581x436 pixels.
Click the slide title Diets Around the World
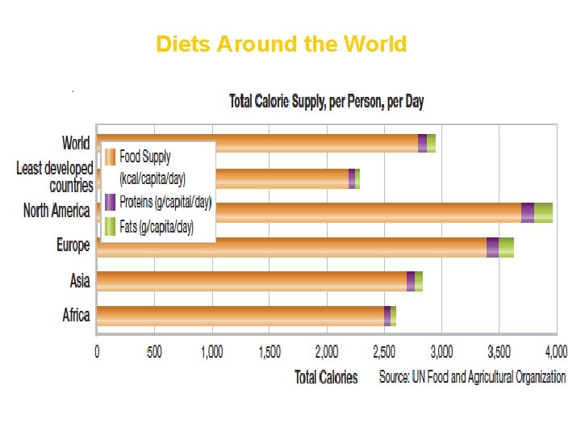[282, 44]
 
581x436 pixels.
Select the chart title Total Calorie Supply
[326, 102]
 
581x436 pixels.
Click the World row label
[76, 143]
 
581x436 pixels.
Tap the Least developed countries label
[55, 177]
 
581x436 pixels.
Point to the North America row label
[56, 211]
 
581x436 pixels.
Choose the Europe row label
[73, 245]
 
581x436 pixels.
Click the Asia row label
[80, 280]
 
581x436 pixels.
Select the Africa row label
[76, 314]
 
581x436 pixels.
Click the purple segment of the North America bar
[528, 212]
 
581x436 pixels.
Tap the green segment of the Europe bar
[506, 247]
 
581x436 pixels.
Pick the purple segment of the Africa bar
[387, 316]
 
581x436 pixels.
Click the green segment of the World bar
[431, 143]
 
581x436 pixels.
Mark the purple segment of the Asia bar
[411, 281]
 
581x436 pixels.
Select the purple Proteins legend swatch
[110, 202]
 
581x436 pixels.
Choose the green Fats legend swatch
[110, 227]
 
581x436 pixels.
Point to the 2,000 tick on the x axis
[327, 352]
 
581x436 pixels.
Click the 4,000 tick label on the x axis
[555, 352]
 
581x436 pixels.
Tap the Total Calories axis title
[326, 377]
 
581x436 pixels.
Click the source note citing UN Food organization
[472, 377]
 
